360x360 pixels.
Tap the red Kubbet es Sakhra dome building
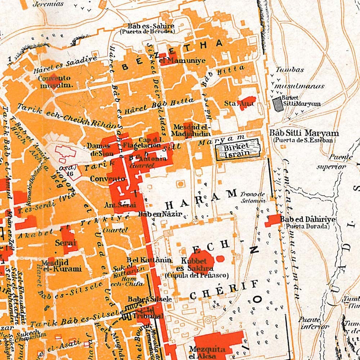(201, 258)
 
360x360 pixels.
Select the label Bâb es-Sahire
(151, 26)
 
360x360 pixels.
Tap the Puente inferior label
(313, 323)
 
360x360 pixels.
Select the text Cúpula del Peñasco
(197, 275)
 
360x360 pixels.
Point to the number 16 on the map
(70, 173)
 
